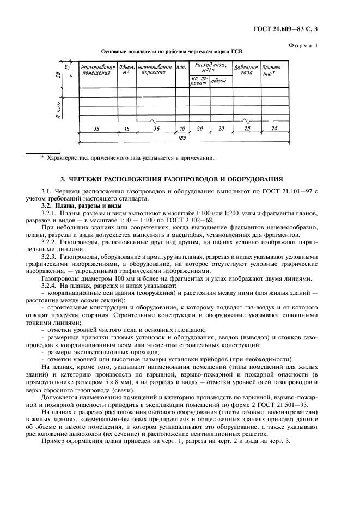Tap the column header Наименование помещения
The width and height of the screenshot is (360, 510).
pos(98,70)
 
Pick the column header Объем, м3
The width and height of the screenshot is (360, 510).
pos(126,70)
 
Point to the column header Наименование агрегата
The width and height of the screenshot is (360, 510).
pos(155,70)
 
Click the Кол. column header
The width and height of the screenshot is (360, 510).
pos(181,68)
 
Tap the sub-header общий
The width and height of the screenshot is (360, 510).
pos(219,81)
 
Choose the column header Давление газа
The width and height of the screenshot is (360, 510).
pos(246,70)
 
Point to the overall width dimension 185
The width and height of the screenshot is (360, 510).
pos(181,138)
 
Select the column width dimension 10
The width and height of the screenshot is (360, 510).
pos(181,129)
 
